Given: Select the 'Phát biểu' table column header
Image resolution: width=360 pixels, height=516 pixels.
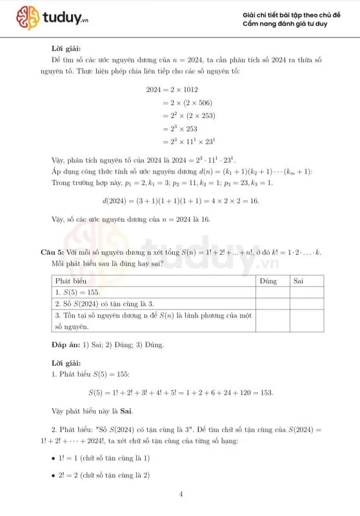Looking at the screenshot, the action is (x=70, y=281).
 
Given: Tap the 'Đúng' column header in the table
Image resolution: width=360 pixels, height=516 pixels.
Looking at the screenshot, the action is (x=268, y=281).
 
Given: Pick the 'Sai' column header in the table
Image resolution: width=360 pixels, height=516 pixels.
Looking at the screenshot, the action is (x=299, y=281).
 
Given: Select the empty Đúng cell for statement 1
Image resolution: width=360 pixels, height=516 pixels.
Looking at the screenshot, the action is (x=272, y=293).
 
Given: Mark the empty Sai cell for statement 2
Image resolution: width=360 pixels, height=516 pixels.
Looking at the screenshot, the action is (x=305, y=304).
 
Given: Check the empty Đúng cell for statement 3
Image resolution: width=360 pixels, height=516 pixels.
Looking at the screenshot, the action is (x=272, y=321).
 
